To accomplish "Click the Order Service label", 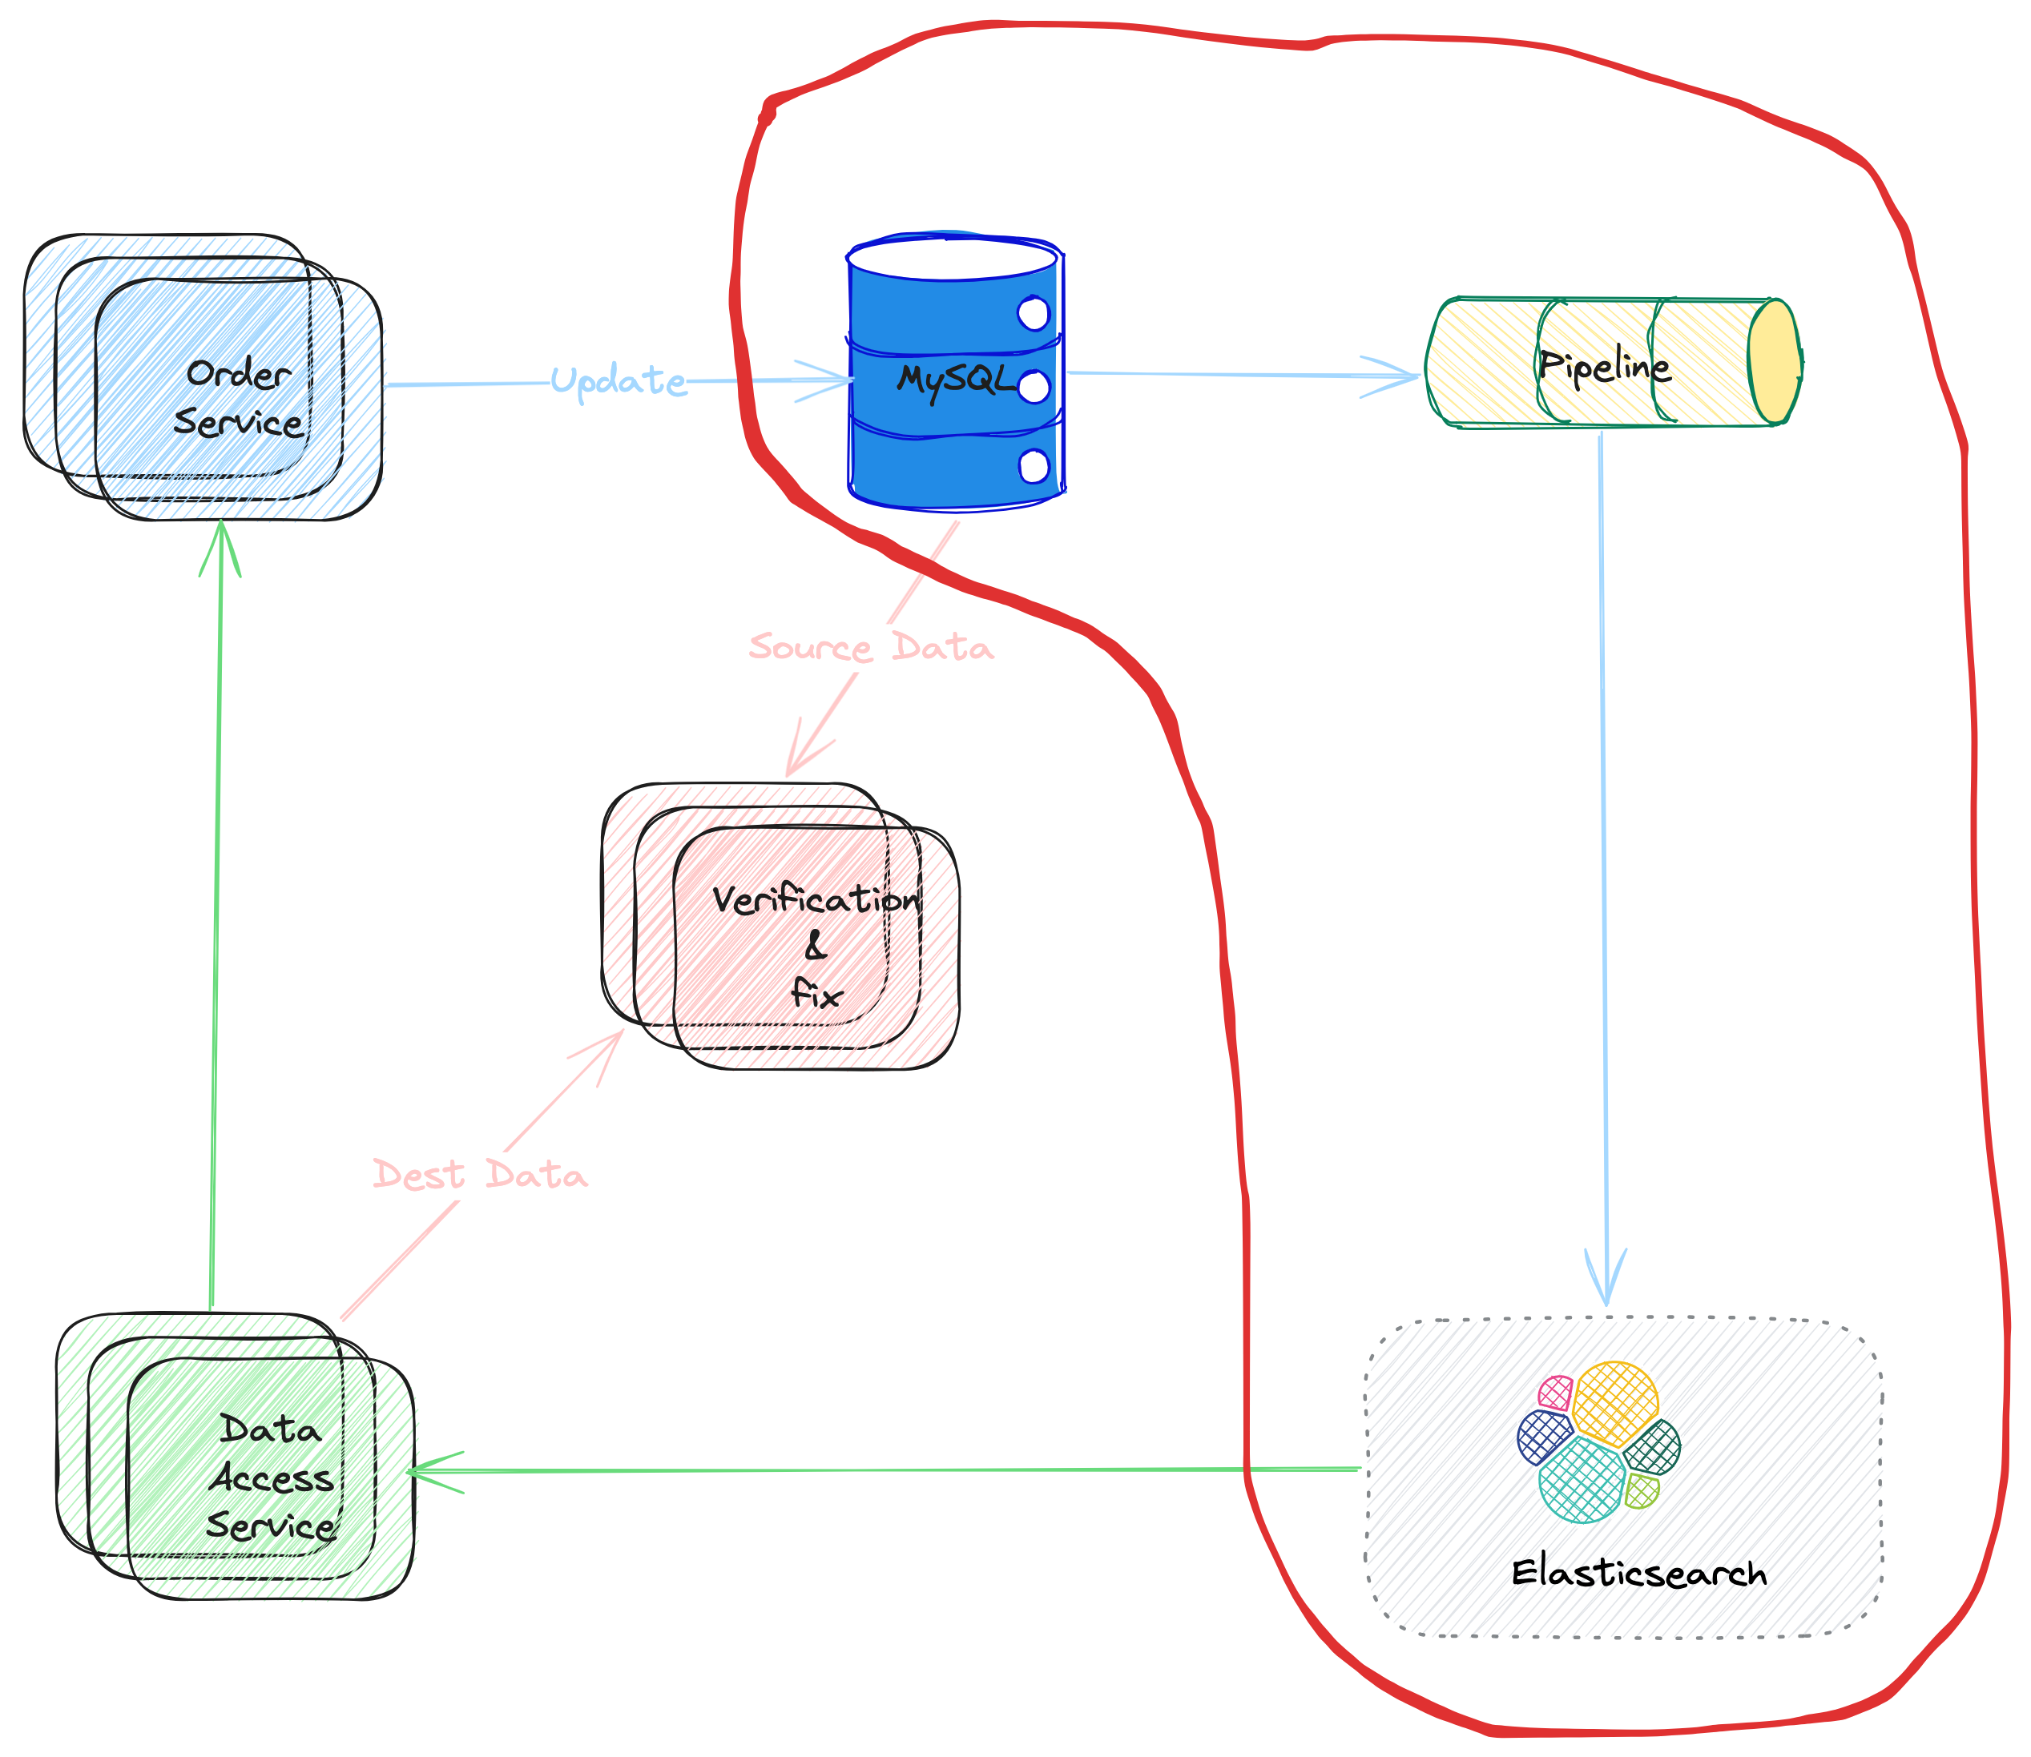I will click(238, 398).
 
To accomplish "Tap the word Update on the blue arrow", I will click(618, 380).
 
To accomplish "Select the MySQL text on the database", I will click(955, 380).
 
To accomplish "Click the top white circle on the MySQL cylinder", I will click(1034, 314).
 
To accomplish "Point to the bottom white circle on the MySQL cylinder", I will click(1034, 467).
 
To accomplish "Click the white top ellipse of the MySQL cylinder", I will click(951, 259).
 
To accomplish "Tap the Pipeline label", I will click(1603, 367).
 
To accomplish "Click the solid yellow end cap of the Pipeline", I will click(1773, 361).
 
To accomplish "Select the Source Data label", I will click(871, 648).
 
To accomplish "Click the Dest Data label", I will click(480, 1175).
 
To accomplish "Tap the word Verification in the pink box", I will click(816, 900).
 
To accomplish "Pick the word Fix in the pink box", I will click(816, 995).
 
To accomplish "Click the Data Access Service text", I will click(271, 1478).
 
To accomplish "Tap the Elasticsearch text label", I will click(1638, 1574).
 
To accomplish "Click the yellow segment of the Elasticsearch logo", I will click(1616, 1402).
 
